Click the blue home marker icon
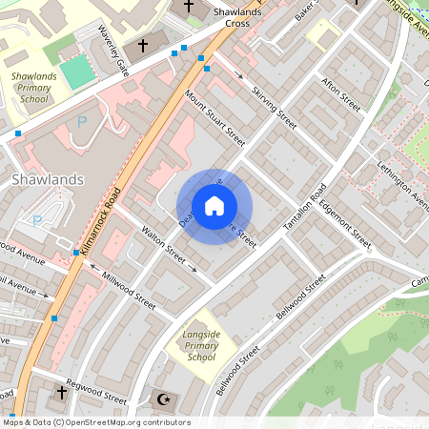pyautogui.click(x=214, y=206)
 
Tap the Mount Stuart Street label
pyautogui.click(x=214, y=118)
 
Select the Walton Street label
pyautogui.click(x=162, y=244)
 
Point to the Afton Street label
pyautogui.click(x=341, y=93)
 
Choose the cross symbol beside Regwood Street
pyautogui.click(x=62, y=392)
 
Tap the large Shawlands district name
pyautogui.click(x=49, y=178)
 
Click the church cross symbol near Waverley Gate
pyautogui.click(x=144, y=45)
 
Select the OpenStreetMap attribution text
pyautogui.click(x=96, y=421)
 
